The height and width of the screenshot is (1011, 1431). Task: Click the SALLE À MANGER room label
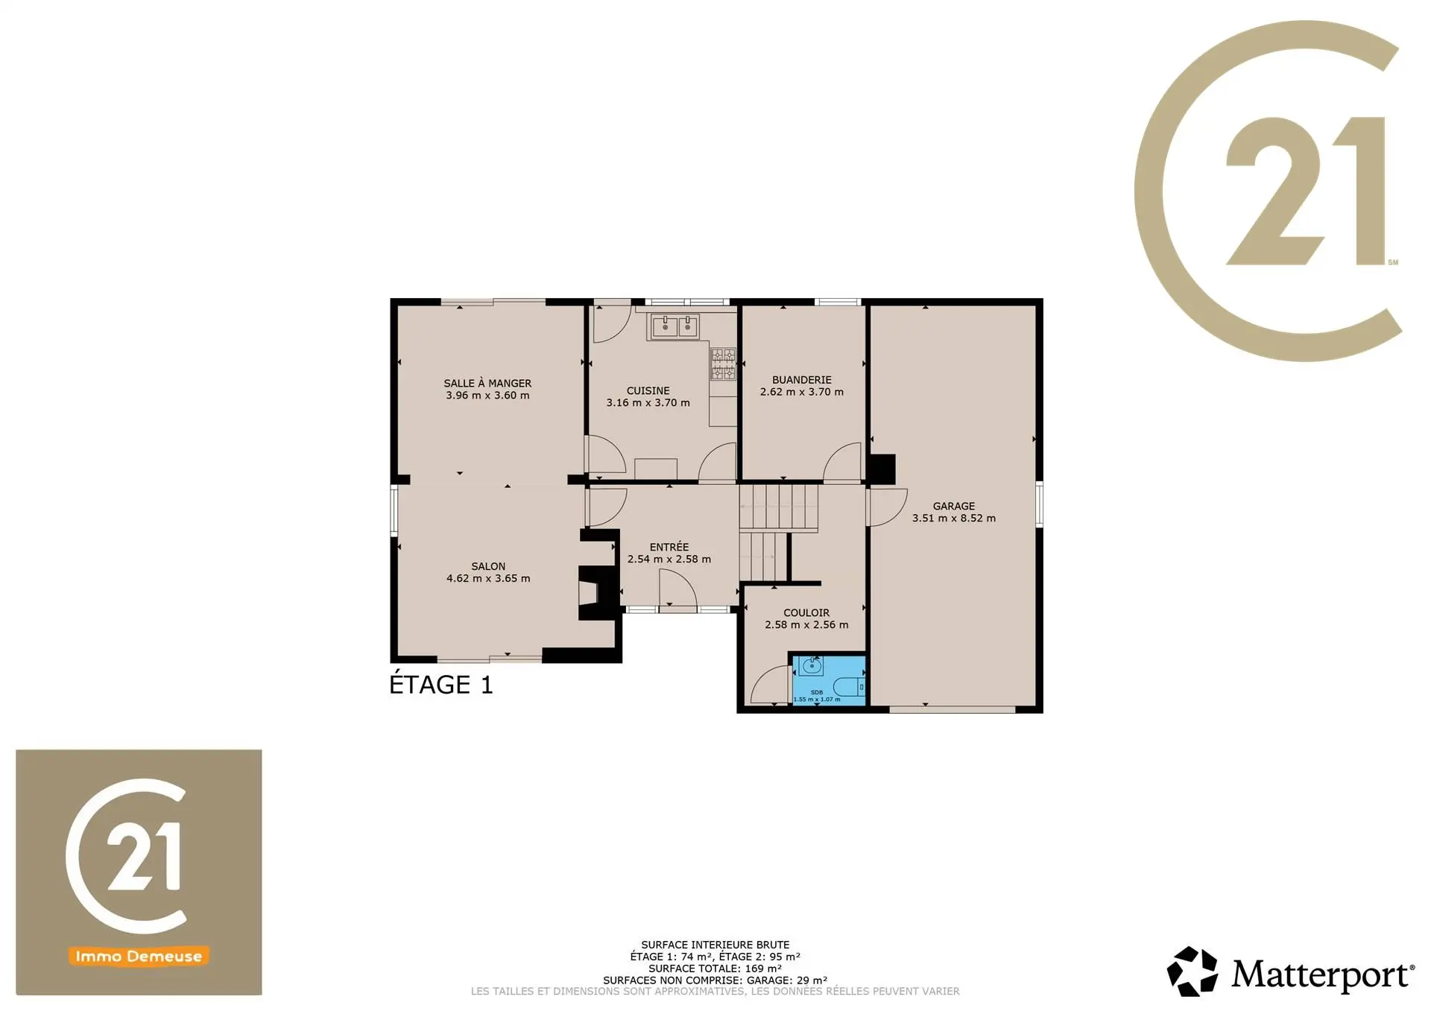pos(487,383)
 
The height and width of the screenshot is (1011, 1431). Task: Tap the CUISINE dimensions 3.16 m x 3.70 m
pos(648,402)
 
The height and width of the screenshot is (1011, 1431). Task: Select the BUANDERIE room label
pos(802,380)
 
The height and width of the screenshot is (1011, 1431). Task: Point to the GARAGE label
pos(954,506)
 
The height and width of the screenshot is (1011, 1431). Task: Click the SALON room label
pos(488,566)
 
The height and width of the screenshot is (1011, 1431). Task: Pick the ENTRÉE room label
pos(669,547)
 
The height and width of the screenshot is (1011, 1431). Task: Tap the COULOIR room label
pos(806,612)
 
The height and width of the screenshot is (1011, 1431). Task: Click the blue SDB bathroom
pos(828,679)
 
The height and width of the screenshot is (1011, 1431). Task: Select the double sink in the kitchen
pos(675,326)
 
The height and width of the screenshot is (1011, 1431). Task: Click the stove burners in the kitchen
pos(723,364)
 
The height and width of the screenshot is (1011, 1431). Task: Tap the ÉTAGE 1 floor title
pos(441,684)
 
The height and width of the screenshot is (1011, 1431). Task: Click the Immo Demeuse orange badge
pos(139,956)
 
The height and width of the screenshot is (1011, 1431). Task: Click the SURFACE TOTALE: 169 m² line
pos(715,969)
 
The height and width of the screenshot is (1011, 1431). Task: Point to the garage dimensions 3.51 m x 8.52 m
pos(954,518)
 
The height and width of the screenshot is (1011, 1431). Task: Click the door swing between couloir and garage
pos(887,507)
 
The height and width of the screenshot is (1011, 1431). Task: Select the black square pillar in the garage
pos(881,468)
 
